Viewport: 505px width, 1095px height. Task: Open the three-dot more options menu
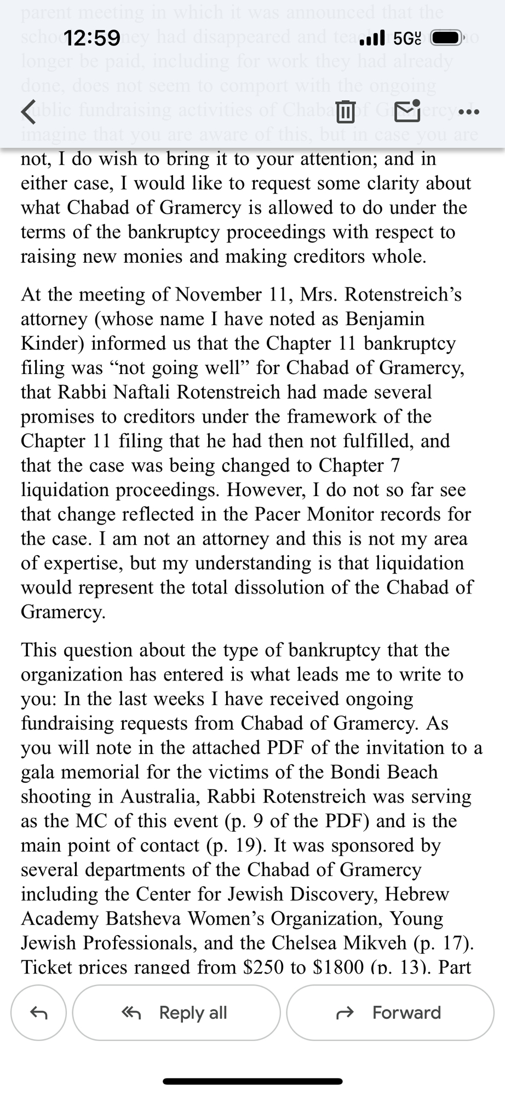469,112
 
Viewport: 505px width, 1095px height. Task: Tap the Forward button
391,1012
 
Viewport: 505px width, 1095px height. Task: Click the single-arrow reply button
38,1012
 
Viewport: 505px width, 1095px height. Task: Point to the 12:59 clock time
92,38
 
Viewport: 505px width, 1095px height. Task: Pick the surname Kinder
52,343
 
